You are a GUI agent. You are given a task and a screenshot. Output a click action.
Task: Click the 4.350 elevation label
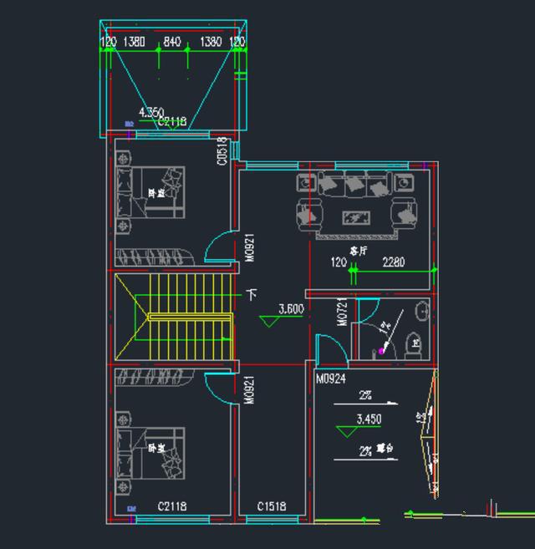click(x=152, y=112)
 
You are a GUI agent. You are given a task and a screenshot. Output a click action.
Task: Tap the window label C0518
click(x=222, y=151)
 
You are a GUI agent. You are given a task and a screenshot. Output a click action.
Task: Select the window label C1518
click(x=272, y=506)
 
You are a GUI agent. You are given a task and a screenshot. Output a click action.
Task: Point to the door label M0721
click(x=342, y=313)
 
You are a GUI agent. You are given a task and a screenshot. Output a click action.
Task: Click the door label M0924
click(x=331, y=379)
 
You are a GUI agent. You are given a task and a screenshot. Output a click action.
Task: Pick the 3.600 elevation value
click(x=290, y=308)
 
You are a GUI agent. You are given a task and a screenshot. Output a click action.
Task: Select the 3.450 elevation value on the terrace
click(x=369, y=419)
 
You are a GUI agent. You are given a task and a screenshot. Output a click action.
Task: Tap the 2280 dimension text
click(x=393, y=262)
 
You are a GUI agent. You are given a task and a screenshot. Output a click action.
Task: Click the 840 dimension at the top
click(x=172, y=42)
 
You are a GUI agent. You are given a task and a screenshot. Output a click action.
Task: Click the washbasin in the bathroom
click(x=422, y=311)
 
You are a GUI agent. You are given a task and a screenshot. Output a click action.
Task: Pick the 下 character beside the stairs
click(x=252, y=295)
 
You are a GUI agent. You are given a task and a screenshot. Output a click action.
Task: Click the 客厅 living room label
click(x=359, y=250)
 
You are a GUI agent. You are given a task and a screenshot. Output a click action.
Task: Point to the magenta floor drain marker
click(x=382, y=351)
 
